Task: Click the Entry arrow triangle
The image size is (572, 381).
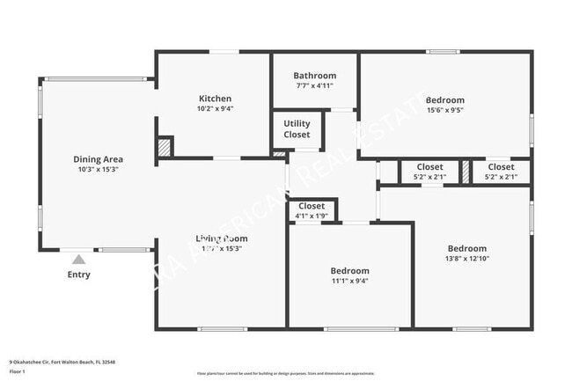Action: click(x=78, y=260)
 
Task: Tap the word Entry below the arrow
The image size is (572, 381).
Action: click(x=78, y=275)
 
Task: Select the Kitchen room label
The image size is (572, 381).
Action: click(x=215, y=99)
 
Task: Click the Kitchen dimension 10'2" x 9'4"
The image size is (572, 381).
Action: click(x=215, y=109)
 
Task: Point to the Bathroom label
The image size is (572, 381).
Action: click(x=314, y=76)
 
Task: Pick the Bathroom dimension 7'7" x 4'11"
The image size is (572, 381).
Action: click(x=314, y=86)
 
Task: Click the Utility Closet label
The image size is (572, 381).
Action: click(x=297, y=129)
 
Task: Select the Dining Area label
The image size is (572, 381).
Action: click(x=98, y=159)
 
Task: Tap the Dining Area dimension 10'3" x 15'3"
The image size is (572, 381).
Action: click(x=98, y=170)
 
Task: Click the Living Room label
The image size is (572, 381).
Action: click(x=221, y=238)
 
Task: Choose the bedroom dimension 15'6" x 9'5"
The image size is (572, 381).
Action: click(x=444, y=111)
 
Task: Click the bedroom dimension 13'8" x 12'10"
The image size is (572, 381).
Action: click(x=466, y=260)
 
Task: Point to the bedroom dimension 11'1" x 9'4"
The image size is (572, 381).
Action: click(x=349, y=282)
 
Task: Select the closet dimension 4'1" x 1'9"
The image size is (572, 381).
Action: click(x=312, y=216)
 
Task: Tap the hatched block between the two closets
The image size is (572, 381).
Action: click(x=466, y=171)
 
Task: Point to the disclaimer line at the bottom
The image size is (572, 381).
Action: click(x=285, y=374)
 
